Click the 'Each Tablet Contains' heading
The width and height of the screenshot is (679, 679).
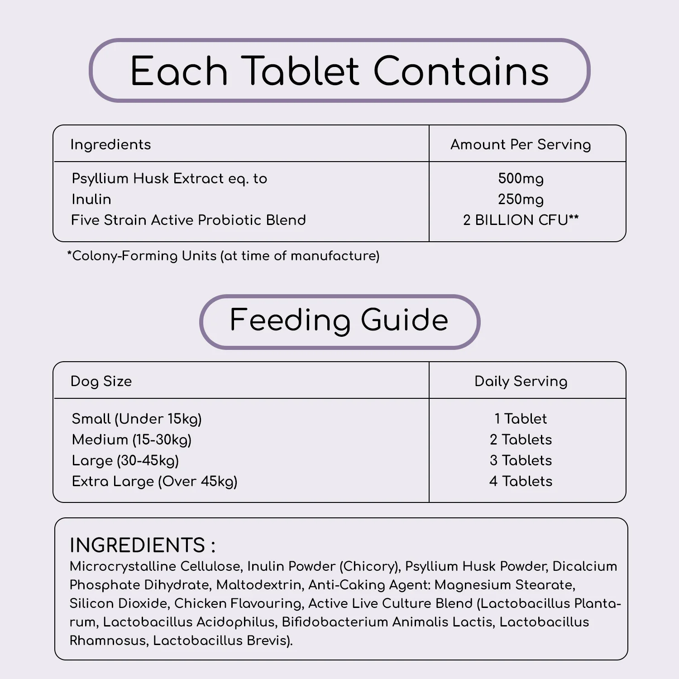[339, 71]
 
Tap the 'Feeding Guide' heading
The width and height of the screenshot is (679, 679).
[339, 320]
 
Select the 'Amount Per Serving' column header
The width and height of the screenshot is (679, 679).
[521, 144]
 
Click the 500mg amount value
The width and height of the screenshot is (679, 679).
[521, 178]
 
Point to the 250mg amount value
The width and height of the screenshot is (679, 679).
[521, 199]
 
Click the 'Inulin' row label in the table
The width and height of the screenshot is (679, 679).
[91, 199]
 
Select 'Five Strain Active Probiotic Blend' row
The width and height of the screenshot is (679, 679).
[188, 220]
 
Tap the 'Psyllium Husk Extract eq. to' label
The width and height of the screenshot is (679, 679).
[169, 178]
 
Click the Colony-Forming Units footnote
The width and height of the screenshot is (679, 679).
[223, 256]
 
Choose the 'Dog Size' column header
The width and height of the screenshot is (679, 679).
[101, 381]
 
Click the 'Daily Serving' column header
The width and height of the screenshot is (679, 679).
[521, 381]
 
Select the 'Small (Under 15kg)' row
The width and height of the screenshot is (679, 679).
[137, 419]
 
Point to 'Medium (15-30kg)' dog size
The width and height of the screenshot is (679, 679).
[132, 440]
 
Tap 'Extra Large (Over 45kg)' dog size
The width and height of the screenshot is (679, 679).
[154, 481]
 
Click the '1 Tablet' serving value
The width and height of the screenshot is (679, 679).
[521, 419]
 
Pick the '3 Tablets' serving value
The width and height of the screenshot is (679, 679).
[521, 460]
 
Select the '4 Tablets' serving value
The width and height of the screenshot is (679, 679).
[521, 481]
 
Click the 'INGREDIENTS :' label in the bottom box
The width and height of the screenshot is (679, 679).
[142, 545]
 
